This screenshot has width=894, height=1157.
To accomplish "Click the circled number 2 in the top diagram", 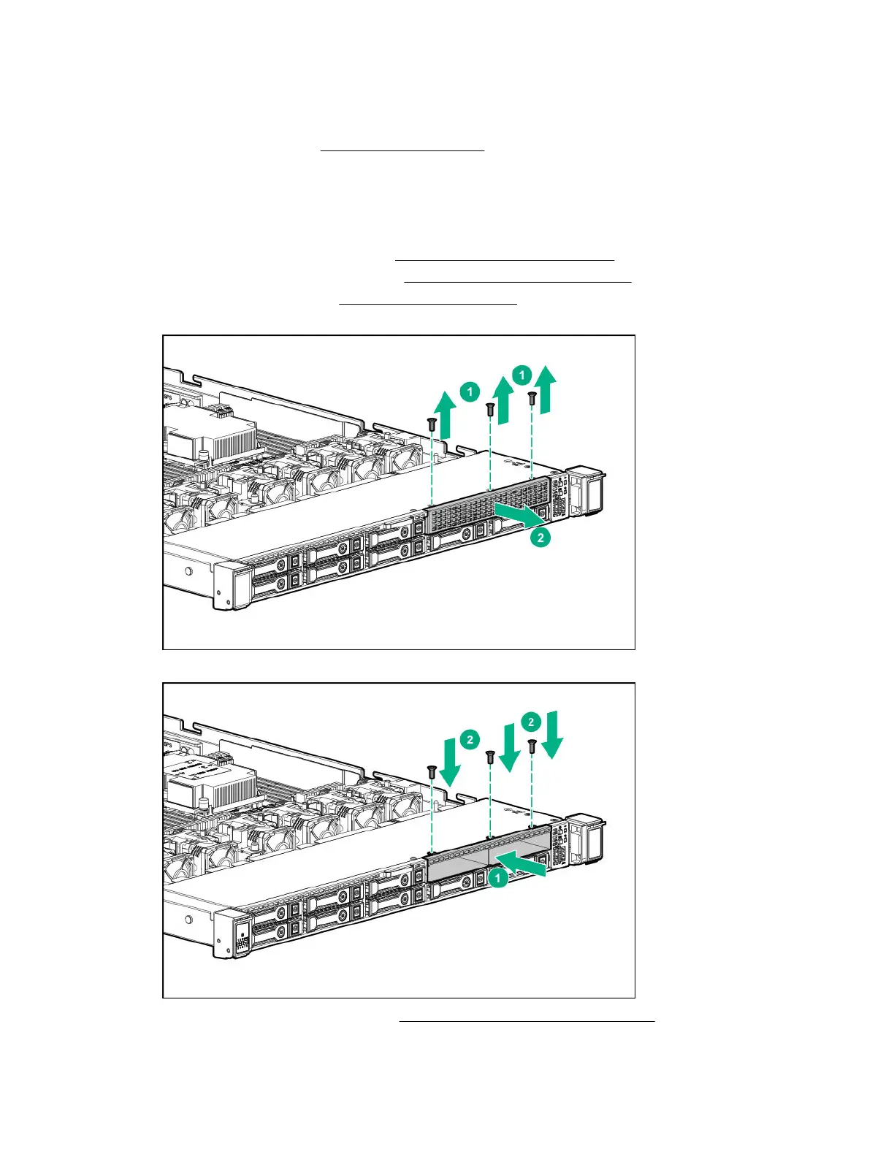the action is click(x=540, y=538).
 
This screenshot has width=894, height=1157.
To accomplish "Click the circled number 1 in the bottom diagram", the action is click(x=498, y=877).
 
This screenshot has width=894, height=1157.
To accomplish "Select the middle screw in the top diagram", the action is click(x=491, y=411).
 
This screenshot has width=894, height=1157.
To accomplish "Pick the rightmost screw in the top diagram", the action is click(x=532, y=399).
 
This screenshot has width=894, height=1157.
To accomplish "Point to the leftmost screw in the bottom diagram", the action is click(x=432, y=771).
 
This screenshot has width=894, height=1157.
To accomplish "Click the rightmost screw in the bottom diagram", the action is click(x=532, y=746).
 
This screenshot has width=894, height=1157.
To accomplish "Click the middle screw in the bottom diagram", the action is click(x=491, y=759).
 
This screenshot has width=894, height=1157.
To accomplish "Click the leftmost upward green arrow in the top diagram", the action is click(x=446, y=413).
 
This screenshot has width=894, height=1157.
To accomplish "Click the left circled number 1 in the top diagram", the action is click(x=470, y=392).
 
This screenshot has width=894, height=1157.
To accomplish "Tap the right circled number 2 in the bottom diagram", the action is click(x=531, y=722).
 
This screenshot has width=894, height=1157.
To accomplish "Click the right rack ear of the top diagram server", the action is click(x=588, y=489).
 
